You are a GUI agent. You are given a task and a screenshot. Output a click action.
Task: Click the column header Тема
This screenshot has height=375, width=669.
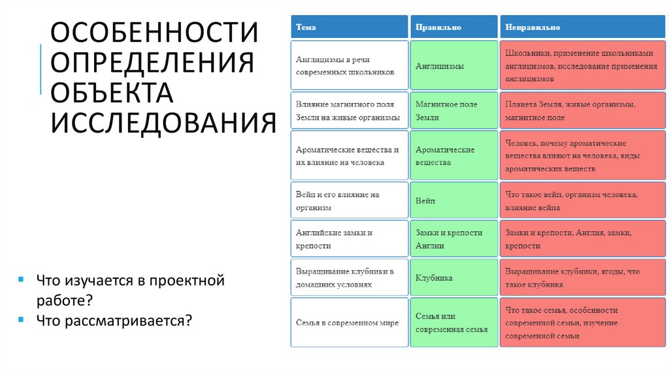349,27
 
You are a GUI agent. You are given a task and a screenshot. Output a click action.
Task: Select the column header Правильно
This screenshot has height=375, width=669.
455,27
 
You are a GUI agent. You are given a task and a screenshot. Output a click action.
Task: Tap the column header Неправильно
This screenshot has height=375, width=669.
583,27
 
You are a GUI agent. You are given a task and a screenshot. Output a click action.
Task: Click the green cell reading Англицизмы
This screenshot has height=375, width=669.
455,66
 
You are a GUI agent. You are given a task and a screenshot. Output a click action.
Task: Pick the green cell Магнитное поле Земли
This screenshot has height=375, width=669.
455,110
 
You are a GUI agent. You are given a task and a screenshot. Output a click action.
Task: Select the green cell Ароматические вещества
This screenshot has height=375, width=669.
455,155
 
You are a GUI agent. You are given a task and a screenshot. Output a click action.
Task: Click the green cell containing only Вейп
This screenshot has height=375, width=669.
455,201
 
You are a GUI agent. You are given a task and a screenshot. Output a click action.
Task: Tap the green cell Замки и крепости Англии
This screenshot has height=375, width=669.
455,239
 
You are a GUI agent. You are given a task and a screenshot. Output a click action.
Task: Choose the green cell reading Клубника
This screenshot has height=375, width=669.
455,278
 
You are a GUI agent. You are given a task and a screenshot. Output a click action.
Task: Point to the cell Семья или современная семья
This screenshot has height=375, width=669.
455,323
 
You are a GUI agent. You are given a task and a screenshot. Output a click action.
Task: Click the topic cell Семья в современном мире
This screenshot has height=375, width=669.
349,323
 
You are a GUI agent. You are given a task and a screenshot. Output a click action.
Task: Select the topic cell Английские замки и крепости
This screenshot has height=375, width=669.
349,239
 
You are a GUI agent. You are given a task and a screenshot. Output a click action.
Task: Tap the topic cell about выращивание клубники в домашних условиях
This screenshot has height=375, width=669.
349,278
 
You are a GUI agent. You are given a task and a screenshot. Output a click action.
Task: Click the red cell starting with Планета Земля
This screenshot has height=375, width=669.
583,110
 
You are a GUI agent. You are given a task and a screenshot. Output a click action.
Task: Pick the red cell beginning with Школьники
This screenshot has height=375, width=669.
583,66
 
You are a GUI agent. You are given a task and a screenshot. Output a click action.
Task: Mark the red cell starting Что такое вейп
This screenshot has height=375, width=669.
583,201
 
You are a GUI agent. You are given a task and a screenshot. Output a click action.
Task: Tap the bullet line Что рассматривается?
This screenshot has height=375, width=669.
114,320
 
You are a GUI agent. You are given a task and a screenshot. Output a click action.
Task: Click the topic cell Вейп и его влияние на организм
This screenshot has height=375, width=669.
349,201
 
